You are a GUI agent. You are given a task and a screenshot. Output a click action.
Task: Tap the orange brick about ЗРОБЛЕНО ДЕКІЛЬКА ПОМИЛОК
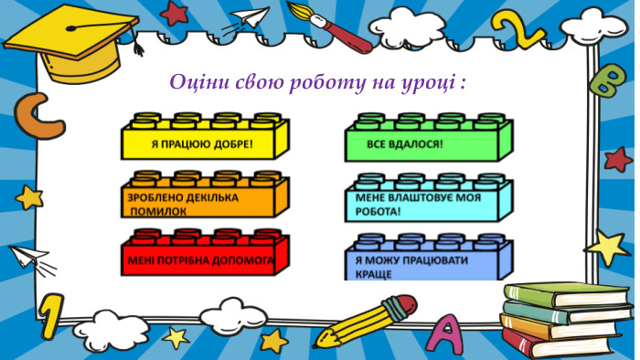(x=204, y=198)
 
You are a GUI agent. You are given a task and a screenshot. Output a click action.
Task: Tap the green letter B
(x=606, y=79)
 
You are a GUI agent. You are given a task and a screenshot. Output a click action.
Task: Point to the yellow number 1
(x=52, y=316)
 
